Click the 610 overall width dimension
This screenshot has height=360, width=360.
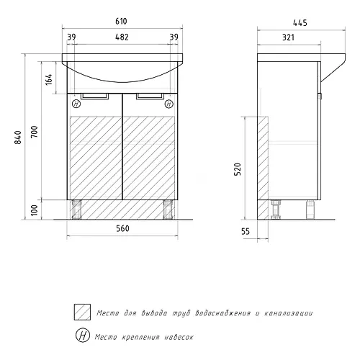(x=121, y=22)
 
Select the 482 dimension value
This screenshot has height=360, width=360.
(x=122, y=37)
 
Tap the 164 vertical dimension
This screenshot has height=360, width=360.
(x=49, y=79)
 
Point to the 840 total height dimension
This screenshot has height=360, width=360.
(x=18, y=138)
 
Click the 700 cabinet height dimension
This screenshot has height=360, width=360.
(x=35, y=132)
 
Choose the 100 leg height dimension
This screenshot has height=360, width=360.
(x=35, y=210)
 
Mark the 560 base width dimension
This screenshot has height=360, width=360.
(x=122, y=228)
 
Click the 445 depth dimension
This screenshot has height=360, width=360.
(x=300, y=23)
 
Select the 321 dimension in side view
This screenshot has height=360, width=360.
(x=288, y=37)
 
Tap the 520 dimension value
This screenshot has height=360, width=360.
(x=238, y=169)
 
